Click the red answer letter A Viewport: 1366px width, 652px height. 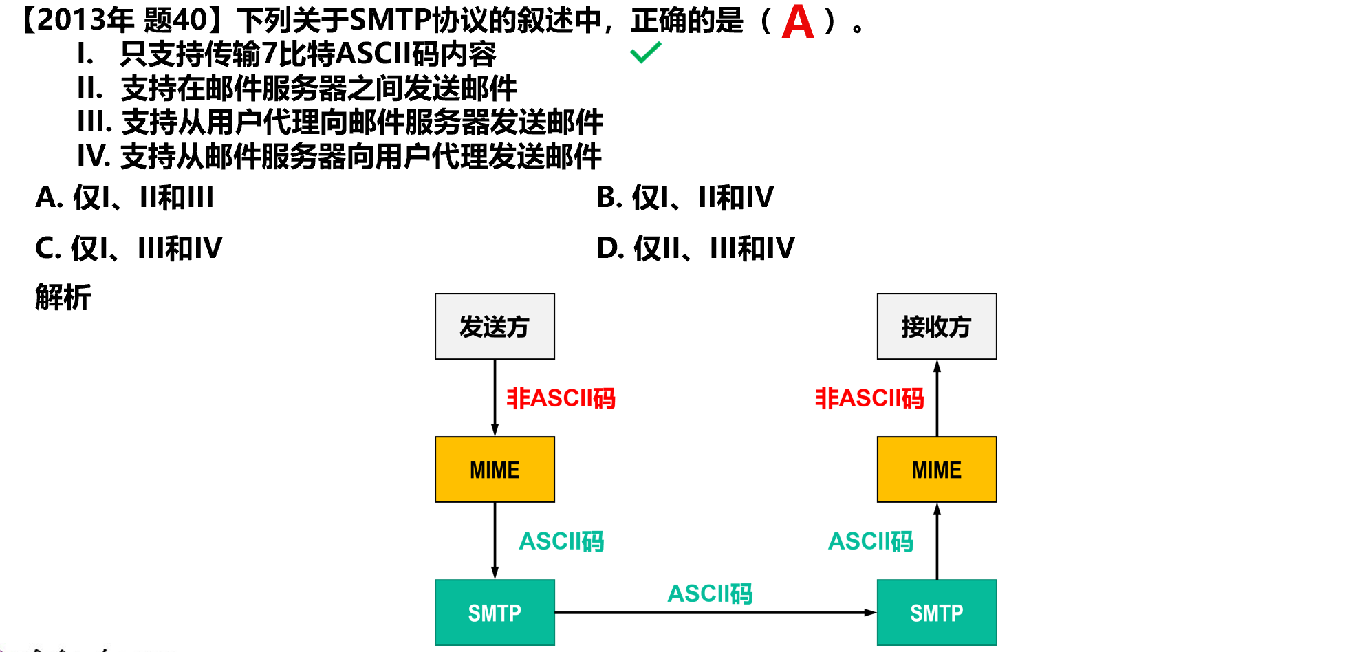pyautogui.click(x=798, y=22)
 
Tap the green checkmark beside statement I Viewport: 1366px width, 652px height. pyautogui.click(x=645, y=52)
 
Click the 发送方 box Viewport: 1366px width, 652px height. pyautogui.click(x=495, y=327)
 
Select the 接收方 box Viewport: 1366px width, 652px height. pyautogui.click(x=936, y=327)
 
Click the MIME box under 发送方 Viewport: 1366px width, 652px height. pyautogui.click(x=495, y=470)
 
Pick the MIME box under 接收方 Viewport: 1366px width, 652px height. pyautogui.click(x=936, y=470)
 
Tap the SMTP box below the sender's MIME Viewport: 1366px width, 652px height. pyautogui.click(x=495, y=612)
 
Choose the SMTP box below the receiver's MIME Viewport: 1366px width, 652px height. pyautogui.click(x=936, y=612)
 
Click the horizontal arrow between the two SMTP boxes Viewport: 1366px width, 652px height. pyautogui.click(x=715, y=612)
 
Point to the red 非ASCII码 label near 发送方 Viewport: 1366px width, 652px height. pyautogui.click(x=561, y=398)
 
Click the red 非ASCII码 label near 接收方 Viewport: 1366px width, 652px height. pyautogui.click(x=869, y=398)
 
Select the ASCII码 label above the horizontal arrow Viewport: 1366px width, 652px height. pyautogui.click(x=710, y=593)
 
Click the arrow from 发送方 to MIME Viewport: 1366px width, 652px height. pyautogui.click(x=495, y=398)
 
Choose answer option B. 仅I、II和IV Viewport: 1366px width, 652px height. pyautogui.click(x=685, y=197)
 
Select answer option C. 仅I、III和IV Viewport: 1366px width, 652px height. pyautogui.click(x=129, y=248)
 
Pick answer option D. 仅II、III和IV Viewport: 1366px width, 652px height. pyautogui.click(x=695, y=248)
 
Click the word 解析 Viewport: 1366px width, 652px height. pyautogui.click(x=63, y=298)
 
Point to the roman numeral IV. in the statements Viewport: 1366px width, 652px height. pyautogui.click(x=94, y=156)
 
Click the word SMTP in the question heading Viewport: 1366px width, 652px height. pyautogui.click(x=390, y=21)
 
